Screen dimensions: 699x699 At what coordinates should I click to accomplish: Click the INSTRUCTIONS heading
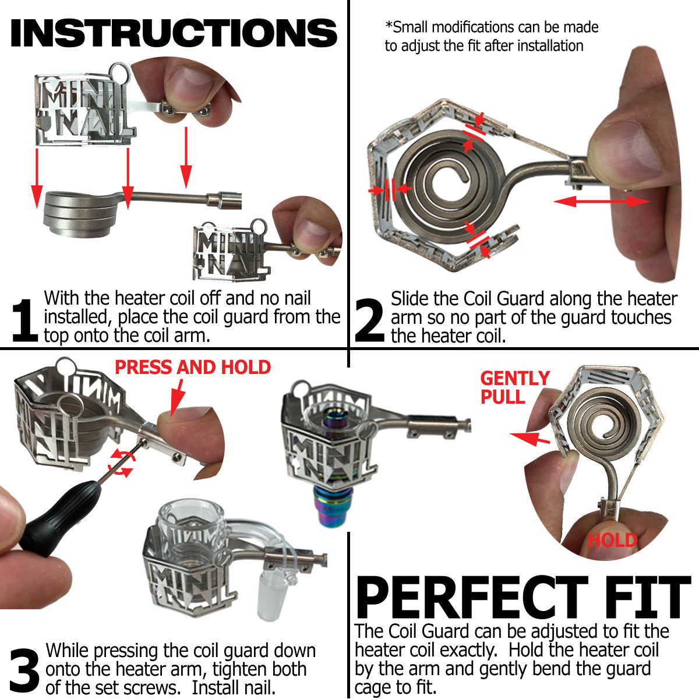pyautogui.click(x=174, y=33)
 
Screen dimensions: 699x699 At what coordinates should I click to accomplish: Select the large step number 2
pyautogui.click(x=369, y=320)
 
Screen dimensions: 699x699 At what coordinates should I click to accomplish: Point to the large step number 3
pyautogui.click(x=24, y=670)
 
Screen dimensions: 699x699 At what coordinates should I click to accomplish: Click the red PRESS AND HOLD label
pyautogui.click(x=193, y=368)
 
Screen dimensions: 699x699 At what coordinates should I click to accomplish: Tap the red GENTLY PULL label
pyautogui.click(x=514, y=387)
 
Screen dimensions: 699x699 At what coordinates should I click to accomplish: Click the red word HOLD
pyautogui.click(x=612, y=540)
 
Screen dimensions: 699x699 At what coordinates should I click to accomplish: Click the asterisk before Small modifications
pyautogui.click(x=389, y=27)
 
